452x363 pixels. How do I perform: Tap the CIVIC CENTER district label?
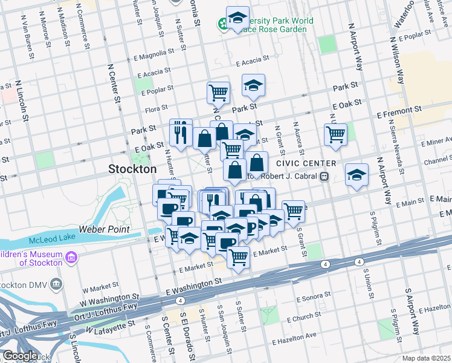(x=306, y=163)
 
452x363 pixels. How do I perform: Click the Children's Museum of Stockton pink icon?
(x=71, y=258)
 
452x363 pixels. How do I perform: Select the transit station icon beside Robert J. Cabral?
(x=324, y=176)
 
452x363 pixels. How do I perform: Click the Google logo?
(x=20, y=356)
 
